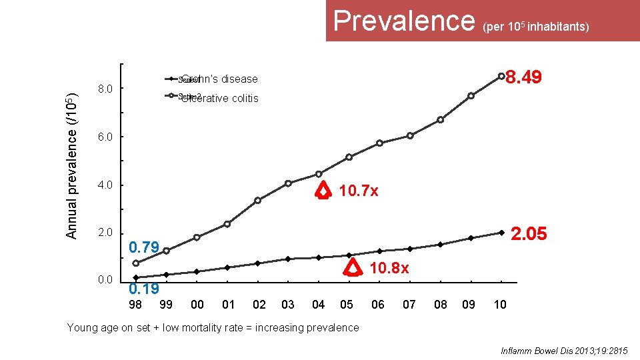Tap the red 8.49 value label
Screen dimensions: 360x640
[525, 78]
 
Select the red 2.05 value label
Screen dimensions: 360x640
[528, 233]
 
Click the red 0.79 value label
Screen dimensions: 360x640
[143, 248]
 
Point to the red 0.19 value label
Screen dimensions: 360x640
[143, 289]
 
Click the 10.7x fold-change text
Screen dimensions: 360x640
[359, 191]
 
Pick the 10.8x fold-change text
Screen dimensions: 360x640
[389, 268]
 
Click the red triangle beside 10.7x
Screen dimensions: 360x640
[323, 191]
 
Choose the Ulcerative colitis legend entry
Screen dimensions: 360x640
[219, 99]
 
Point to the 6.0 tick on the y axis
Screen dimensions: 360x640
[105, 137]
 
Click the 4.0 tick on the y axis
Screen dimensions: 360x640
[105, 185]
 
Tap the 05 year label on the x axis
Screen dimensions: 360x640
[347, 305]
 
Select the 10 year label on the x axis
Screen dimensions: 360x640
[500, 305]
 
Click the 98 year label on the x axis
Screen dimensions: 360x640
[135, 305]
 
